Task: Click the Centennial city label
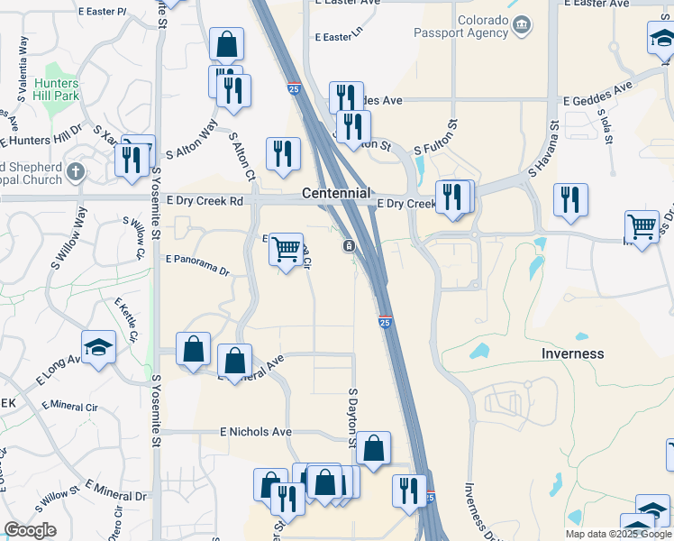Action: click(x=335, y=193)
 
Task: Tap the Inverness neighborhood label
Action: click(x=572, y=353)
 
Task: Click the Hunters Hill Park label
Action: click(x=57, y=89)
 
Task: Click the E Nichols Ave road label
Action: click(x=256, y=432)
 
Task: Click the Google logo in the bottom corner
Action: click(x=30, y=531)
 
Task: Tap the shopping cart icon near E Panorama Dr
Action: click(x=287, y=249)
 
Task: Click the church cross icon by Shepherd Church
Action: click(x=76, y=171)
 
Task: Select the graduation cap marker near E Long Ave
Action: click(x=99, y=347)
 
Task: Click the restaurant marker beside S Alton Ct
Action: click(x=283, y=154)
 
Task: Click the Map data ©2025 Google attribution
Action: click(x=618, y=534)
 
